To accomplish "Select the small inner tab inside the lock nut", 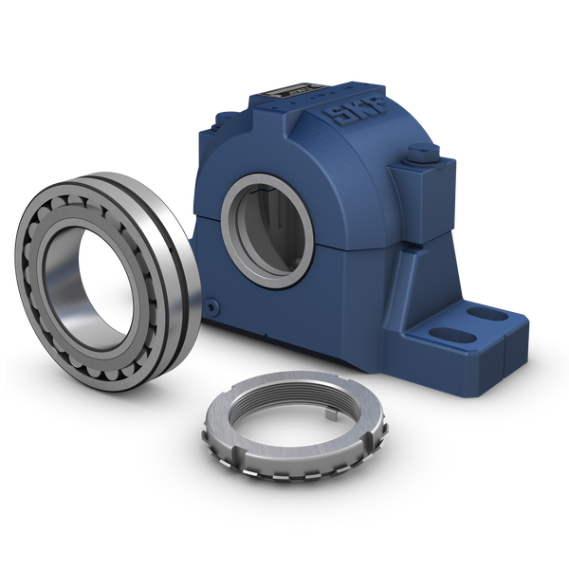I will point(330,414).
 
